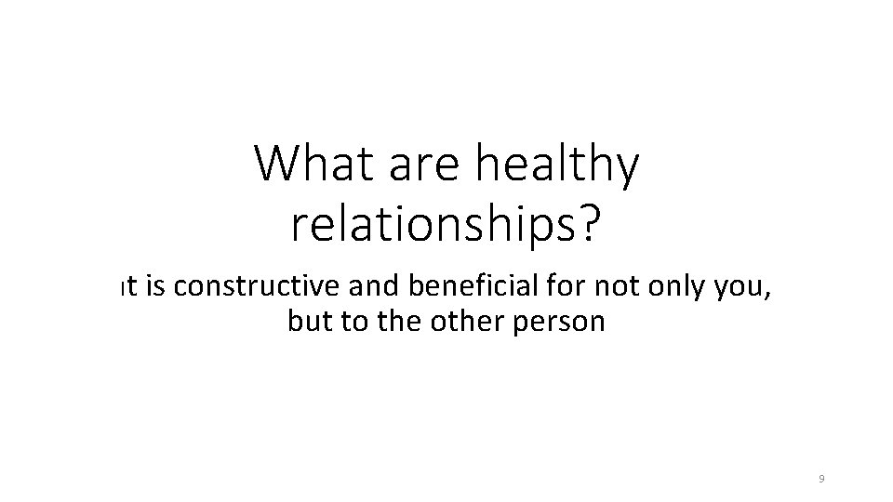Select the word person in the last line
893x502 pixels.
562,324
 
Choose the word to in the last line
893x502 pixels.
355,323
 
